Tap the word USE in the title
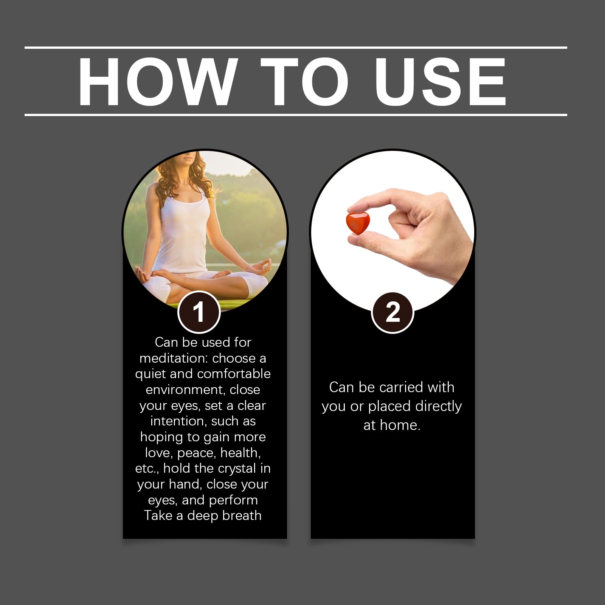(x=440, y=82)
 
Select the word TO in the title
(x=305, y=82)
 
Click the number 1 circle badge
(x=199, y=312)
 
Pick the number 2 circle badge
(x=393, y=312)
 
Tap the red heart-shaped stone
(x=358, y=223)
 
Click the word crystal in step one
(x=237, y=469)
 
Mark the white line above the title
(x=296, y=48)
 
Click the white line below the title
(x=296, y=115)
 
